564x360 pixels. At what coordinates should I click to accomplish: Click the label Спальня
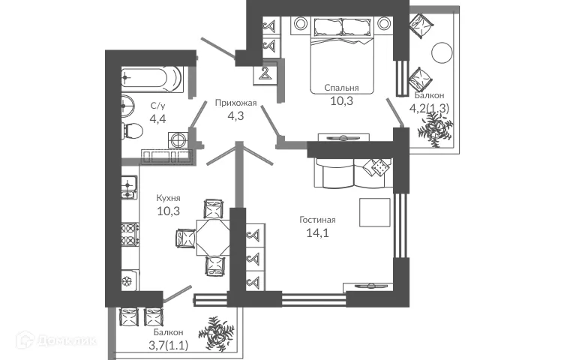pyautogui.click(x=341, y=88)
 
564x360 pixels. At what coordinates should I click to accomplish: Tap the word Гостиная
pyautogui.click(x=317, y=220)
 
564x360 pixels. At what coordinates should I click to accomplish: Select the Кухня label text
pyautogui.click(x=168, y=198)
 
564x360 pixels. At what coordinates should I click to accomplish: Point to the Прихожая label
pyautogui.click(x=235, y=103)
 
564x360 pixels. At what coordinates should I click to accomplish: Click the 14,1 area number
pyautogui.click(x=317, y=232)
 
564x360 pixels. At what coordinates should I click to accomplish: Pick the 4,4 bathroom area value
pyautogui.click(x=157, y=118)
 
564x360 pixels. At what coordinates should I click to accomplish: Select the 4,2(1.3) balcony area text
pyautogui.click(x=430, y=107)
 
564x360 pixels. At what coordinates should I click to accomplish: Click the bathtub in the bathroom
pyautogui.click(x=151, y=77)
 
